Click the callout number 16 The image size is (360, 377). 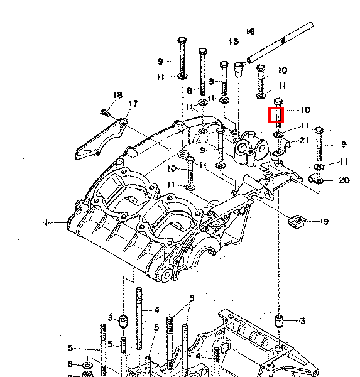(x=251, y=31)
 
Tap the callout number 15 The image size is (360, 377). (x=234, y=41)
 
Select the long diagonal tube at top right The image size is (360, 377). (x=280, y=43)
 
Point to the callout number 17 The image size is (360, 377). (x=133, y=104)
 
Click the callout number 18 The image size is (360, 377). (x=117, y=95)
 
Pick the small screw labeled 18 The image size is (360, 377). (x=105, y=112)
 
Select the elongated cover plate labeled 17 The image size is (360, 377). (x=101, y=138)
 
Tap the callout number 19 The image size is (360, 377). (x=324, y=221)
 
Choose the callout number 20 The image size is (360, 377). (x=344, y=180)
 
